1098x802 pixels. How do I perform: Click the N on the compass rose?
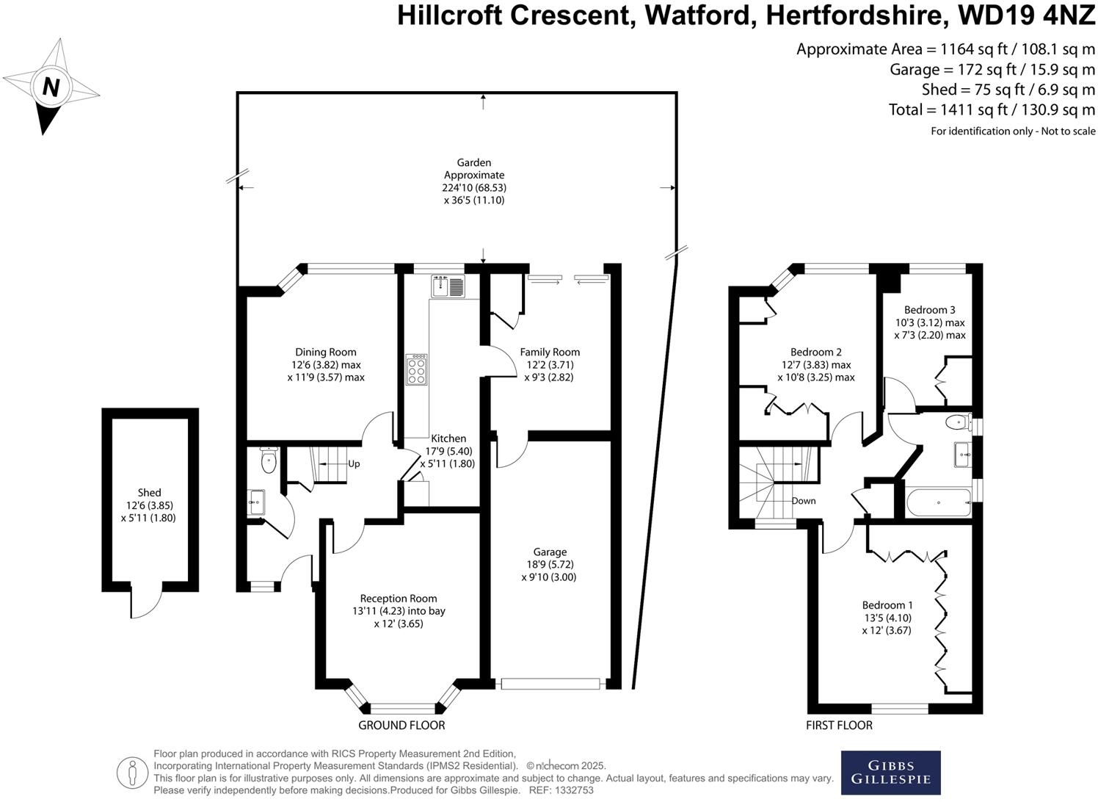(x=51, y=87)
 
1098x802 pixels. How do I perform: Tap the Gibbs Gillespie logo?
(x=890, y=773)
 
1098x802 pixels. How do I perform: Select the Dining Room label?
(x=326, y=352)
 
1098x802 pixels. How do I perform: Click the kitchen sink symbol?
(x=448, y=286)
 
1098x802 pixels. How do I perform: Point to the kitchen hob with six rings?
(x=417, y=369)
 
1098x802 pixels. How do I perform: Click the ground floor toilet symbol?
(x=269, y=462)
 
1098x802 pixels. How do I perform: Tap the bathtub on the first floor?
(x=939, y=503)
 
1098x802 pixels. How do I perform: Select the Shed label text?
(x=149, y=493)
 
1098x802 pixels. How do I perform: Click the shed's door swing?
(x=145, y=604)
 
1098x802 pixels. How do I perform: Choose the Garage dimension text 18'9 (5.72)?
(x=550, y=564)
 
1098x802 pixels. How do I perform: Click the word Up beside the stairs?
(x=354, y=464)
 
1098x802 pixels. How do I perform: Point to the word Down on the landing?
(x=803, y=501)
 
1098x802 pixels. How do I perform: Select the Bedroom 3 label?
(x=929, y=310)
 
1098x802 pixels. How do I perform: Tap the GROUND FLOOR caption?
(x=401, y=725)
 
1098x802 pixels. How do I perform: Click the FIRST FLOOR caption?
(x=839, y=725)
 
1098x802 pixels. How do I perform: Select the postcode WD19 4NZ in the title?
(x=1025, y=15)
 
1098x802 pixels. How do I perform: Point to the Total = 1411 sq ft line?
(x=991, y=110)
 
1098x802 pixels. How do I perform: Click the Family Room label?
(x=550, y=352)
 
